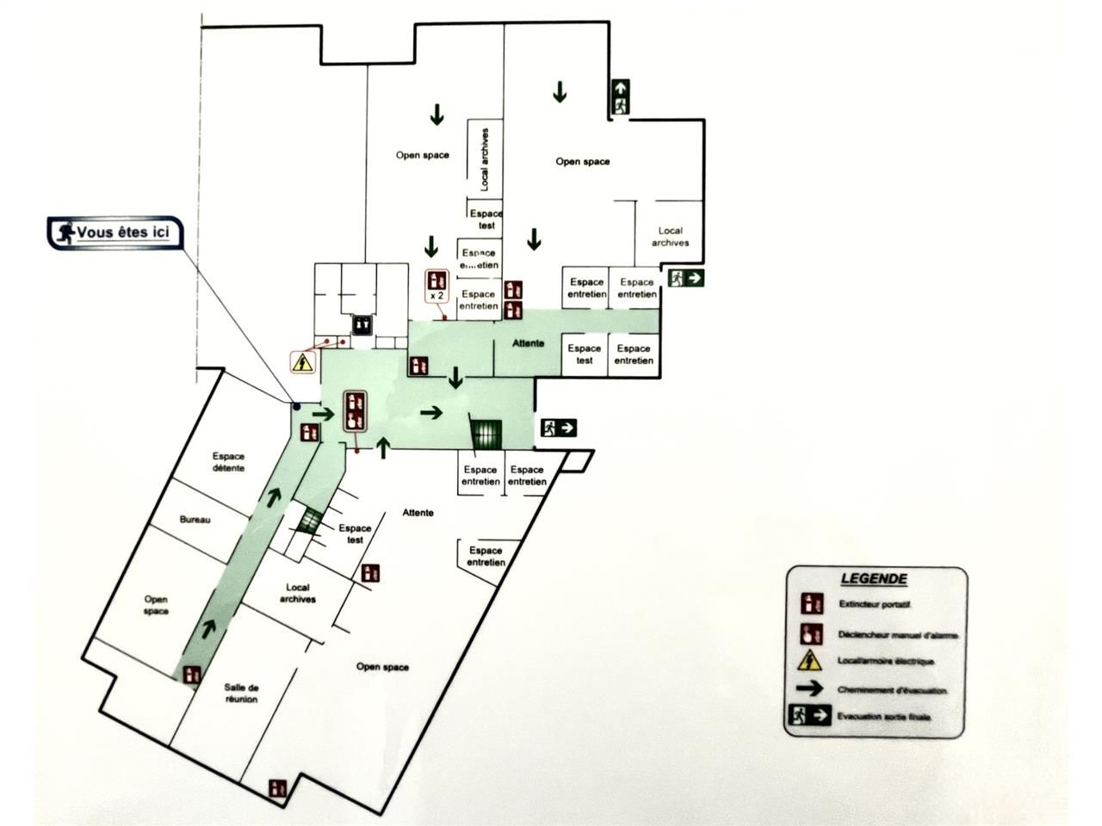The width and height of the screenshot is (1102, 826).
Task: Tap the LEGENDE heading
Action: click(x=872, y=580)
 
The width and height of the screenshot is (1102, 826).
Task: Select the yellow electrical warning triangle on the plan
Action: click(x=300, y=363)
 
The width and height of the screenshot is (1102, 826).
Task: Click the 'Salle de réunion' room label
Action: click(x=241, y=693)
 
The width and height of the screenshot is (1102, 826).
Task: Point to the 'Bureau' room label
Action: click(x=195, y=520)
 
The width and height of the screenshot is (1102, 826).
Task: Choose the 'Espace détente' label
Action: click(x=228, y=462)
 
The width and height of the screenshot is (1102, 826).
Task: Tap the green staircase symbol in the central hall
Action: click(x=486, y=432)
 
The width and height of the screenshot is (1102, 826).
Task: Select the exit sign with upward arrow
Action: click(x=620, y=97)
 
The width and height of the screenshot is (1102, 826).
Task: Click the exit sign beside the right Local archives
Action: click(x=686, y=278)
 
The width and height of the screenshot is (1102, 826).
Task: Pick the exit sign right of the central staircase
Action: click(x=558, y=428)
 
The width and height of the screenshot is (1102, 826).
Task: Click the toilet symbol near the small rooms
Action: click(x=362, y=324)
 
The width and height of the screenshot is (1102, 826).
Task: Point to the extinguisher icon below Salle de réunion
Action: click(x=277, y=786)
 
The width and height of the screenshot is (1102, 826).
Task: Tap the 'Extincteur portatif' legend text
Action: click(x=875, y=605)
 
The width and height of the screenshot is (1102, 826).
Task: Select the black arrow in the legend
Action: click(x=811, y=689)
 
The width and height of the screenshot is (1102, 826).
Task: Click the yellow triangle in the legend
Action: click(x=809, y=661)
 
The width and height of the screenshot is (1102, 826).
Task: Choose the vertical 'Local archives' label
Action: click(x=485, y=159)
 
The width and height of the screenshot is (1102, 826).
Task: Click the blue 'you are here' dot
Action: click(x=295, y=406)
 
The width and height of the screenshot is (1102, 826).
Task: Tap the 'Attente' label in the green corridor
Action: click(x=528, y=343)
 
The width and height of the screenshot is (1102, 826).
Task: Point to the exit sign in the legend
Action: click(x=810, y=716)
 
